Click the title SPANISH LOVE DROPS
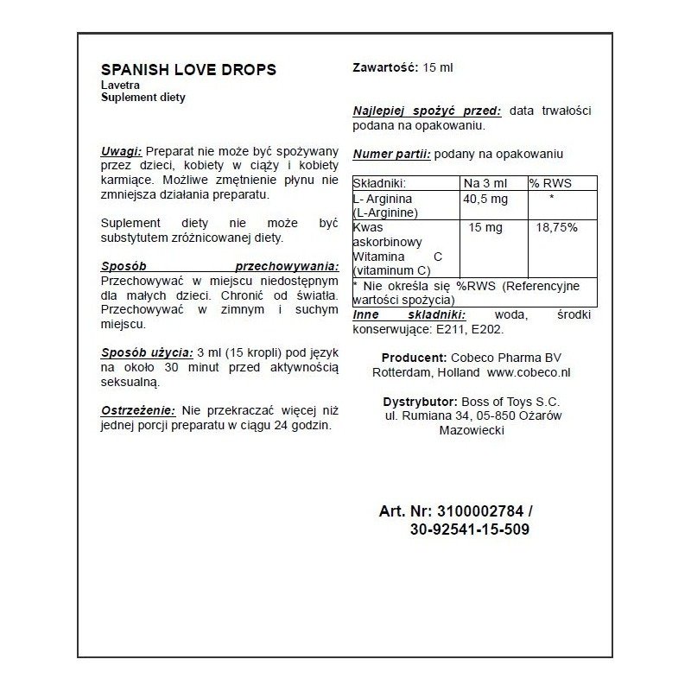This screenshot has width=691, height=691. [188, 70]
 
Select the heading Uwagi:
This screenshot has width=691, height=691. [121, 150]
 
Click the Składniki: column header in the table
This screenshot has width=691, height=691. [380, 184]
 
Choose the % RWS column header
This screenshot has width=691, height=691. [550, 184]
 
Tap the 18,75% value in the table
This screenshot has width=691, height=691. [557, 228]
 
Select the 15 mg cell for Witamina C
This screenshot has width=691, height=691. [485, 228]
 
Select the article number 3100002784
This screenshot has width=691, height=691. [480, 511]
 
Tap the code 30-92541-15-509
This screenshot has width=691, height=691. [471, 529]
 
